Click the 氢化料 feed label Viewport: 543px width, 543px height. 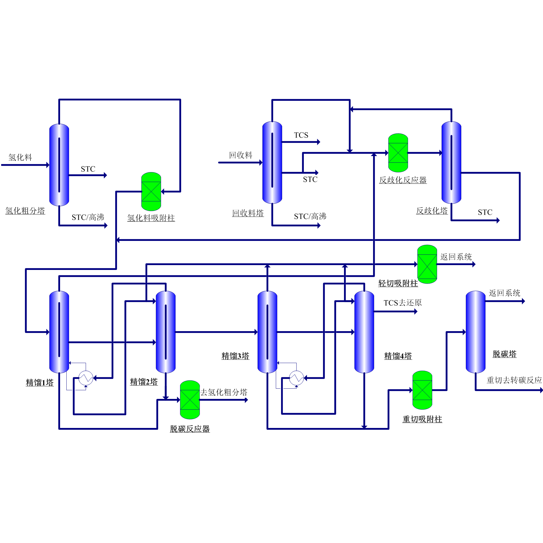tap(20, 157)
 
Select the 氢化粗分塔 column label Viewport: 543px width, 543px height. tap(25, 211)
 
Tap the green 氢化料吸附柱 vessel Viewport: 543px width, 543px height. tap(151, 191)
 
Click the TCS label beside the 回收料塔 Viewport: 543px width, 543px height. tap(301, 135)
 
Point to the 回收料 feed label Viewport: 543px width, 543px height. tap(241, 155)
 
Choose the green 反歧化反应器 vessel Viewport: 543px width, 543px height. tap(398, 153)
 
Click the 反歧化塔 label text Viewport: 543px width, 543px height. tap(432, 211)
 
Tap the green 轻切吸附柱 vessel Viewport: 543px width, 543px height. tap(427, 264)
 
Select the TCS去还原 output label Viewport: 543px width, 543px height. tap(402, 303)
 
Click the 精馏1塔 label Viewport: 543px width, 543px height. tap(40, 383)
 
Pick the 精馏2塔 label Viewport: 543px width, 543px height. tap(144, 382)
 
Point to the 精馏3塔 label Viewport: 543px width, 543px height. tap(235, 356)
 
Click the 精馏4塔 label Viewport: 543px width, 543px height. tap(398, 356)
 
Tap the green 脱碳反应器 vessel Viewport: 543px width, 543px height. tap(190, 400)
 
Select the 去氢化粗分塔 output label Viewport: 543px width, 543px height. tap(224, 392)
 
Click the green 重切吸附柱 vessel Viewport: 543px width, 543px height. tap(422, 390)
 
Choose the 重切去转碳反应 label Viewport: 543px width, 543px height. tap(514, 380)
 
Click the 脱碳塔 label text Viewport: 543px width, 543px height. tap(504, 354)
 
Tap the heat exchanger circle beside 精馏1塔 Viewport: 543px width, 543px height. tap(86, 378)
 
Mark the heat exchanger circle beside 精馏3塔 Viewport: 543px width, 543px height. tap(296, 378)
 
